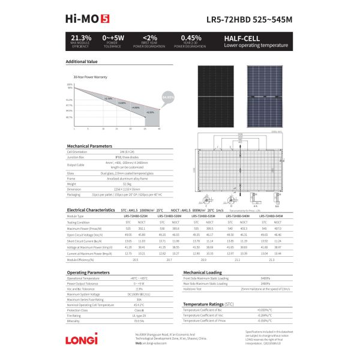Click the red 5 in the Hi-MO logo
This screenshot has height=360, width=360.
click(104, 19)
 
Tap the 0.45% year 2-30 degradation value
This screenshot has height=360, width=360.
click(191, 38)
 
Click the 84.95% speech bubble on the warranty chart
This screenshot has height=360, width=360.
click(169, 97)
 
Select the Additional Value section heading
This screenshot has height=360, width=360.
click(81, 61)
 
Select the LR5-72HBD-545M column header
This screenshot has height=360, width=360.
click(271, 215)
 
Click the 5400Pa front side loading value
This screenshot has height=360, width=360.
click(265, 278)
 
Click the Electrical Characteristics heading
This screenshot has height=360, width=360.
click(90, 210)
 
